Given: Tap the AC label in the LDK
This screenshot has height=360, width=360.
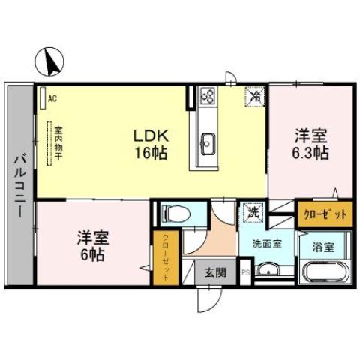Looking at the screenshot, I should click(52, 97).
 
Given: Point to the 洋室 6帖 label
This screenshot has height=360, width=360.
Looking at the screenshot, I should click(93, 245).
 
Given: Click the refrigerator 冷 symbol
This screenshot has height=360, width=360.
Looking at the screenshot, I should click(255, 97).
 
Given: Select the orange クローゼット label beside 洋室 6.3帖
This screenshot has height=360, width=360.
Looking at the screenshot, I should click(325, 214).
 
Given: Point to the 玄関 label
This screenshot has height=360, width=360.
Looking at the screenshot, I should click(212, 272).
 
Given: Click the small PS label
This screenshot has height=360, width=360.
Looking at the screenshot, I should click(245, 273).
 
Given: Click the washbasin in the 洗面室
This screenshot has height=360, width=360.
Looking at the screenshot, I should click(268, 271).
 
